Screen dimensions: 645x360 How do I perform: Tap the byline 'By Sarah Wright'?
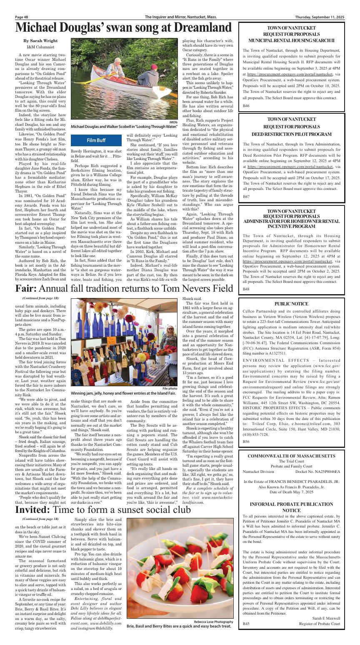(x=40, y=41)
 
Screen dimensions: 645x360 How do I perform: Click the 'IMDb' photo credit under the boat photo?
(x=175, y=122)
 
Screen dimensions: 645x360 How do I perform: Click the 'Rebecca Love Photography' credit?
(x=209, y=621)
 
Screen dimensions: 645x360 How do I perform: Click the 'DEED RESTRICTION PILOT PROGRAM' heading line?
(x=291, y=134)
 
